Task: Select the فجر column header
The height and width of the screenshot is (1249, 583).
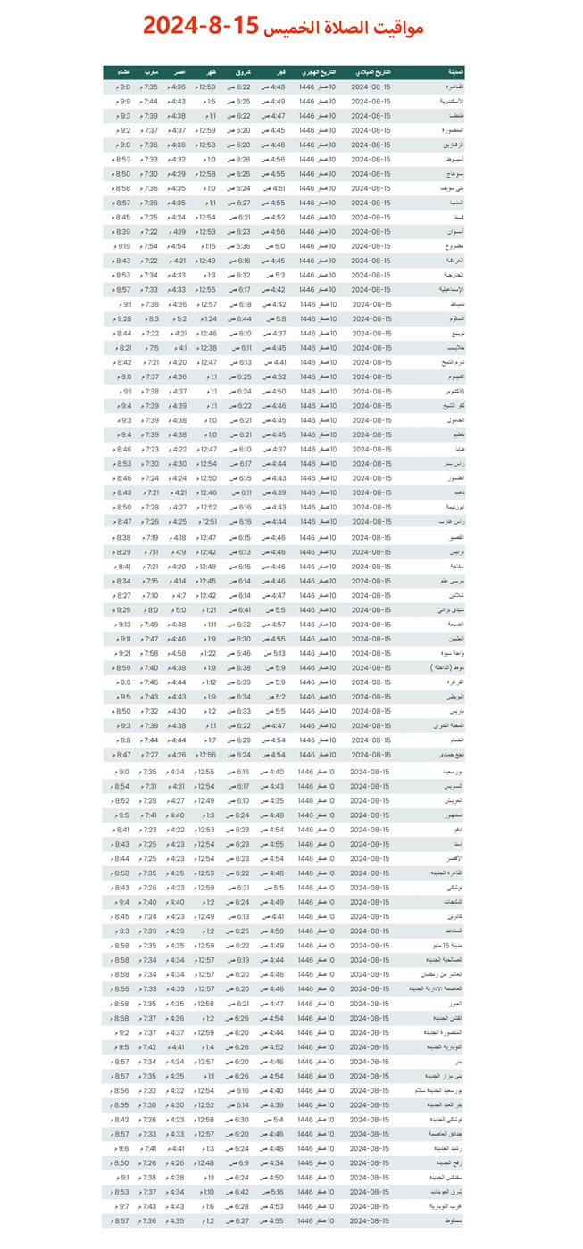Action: (279, 72)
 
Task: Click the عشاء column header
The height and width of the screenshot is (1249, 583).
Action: (122, 72)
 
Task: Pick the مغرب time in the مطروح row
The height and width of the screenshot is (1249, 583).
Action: (150, 245)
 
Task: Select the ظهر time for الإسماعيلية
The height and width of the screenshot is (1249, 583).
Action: (206, 289)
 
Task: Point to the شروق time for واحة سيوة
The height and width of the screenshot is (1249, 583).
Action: (239, 653)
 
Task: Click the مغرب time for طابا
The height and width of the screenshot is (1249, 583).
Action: (150, 449)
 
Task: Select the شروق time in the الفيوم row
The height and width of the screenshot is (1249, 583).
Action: (239, 376)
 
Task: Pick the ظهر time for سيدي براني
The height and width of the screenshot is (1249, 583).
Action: (206, 609)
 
